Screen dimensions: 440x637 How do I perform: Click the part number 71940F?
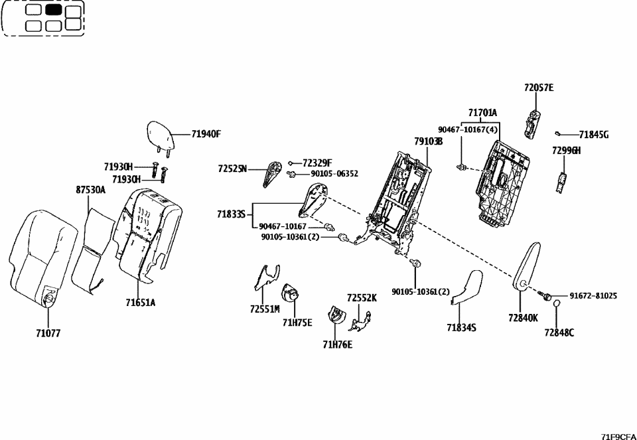tap(206, 134)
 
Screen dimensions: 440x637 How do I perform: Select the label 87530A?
tap(90, 190)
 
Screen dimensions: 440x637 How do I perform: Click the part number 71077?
tap(48, 333)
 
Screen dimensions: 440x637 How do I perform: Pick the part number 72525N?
tap(232, 169)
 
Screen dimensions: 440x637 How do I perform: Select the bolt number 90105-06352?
tap(336, 173)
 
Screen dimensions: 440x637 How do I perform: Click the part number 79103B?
tap(428, 141)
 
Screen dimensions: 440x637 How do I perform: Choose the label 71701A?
tap(482, 113)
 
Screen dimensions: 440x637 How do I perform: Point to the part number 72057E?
tap(538, 88)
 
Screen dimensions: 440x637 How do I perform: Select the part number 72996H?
tap(566, 151)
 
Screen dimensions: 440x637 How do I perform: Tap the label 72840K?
tap(524, 319)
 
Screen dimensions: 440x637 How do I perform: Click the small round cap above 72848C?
tap(557, 303)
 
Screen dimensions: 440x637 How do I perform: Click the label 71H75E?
tap(297, 323)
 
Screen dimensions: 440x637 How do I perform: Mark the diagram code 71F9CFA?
tap(618, 435)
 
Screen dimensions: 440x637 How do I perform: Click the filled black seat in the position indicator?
tap(54, 10)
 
